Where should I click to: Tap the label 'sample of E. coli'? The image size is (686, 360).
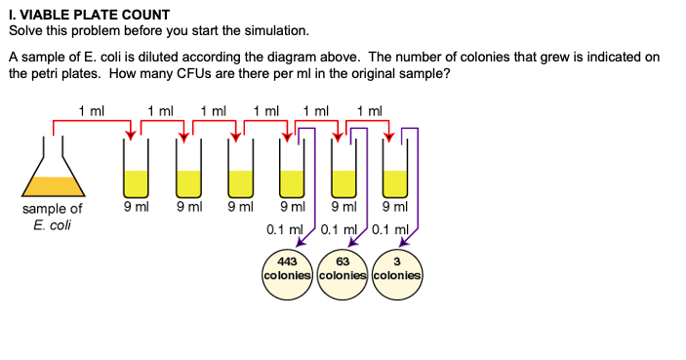point(52,218)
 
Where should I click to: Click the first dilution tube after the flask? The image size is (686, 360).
point(135,171)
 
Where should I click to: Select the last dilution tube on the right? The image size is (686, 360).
point(394,171)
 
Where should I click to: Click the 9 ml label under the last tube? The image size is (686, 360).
point(395,207)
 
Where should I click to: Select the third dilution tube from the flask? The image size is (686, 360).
point(240,171)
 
